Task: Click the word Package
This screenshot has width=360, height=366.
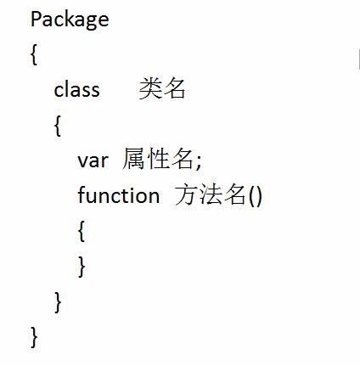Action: (70, 20)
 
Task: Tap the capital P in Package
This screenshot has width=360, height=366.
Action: (35, 19)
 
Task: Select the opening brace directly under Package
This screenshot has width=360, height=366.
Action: (34, 54)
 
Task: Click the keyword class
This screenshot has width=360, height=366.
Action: (76, 90)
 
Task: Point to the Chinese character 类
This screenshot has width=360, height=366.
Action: (150, 88)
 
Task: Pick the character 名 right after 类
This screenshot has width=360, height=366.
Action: (174, 88)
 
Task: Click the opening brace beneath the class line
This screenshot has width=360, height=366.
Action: (58, 126)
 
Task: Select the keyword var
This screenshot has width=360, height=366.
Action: (93, 160)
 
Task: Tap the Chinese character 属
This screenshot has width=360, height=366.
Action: (133, 159)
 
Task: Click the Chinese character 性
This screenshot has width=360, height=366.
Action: (158, 159)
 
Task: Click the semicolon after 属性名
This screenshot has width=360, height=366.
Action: (198, 163)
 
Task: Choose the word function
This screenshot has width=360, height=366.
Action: (119, 194)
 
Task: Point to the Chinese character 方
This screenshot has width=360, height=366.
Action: (186, 194)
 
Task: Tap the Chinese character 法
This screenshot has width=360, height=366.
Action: (211, 194)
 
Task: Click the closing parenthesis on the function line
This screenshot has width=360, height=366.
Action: (259, 195)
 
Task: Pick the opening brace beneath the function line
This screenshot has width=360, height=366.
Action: (82, 231)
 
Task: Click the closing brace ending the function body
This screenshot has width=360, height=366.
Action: (82, 267)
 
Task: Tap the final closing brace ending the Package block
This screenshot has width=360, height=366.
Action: (34, 337)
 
